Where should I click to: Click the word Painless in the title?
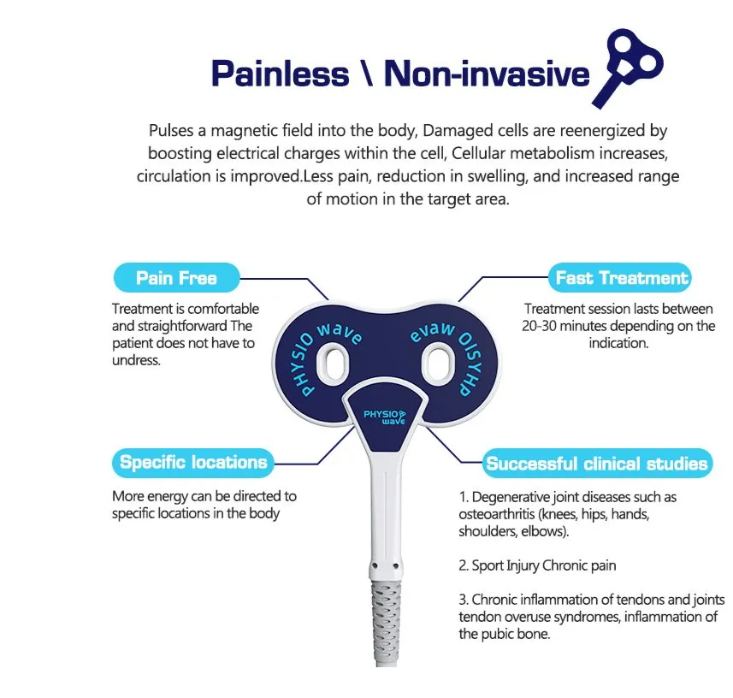pos(280,74)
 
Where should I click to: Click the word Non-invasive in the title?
pos(487,74)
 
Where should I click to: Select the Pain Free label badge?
pos(177,278)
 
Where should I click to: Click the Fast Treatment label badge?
pos(620,278)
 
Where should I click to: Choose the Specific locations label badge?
pos(192,463)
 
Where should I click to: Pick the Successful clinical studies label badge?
pos(597,464)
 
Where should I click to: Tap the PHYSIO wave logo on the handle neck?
pos(384,417)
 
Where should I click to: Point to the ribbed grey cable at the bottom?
pos(386,622)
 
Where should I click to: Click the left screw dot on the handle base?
pos(375,566)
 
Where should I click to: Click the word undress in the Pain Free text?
pos(135,360)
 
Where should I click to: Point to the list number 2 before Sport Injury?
pos(463,565)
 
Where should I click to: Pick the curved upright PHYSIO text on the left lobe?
pos(302,365)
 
